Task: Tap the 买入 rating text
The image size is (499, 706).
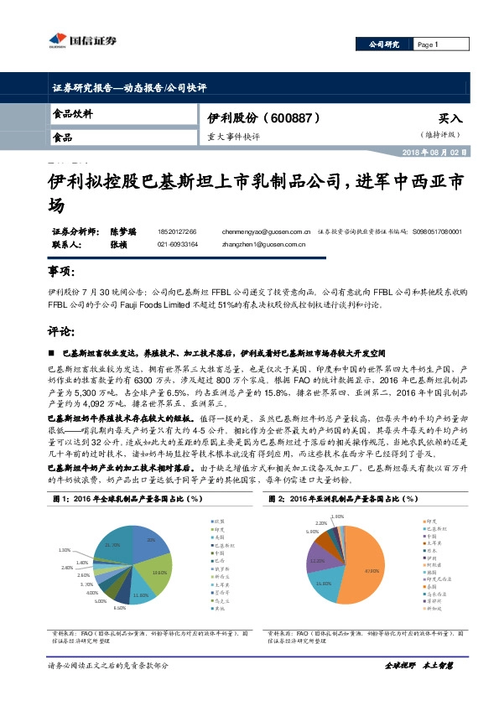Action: click(x=450, y=120)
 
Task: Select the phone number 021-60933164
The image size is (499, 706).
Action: click(x=177, y=244)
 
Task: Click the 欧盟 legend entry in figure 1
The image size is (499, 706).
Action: click(x=217, y=521)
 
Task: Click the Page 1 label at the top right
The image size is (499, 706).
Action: click(x=429, y=44)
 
